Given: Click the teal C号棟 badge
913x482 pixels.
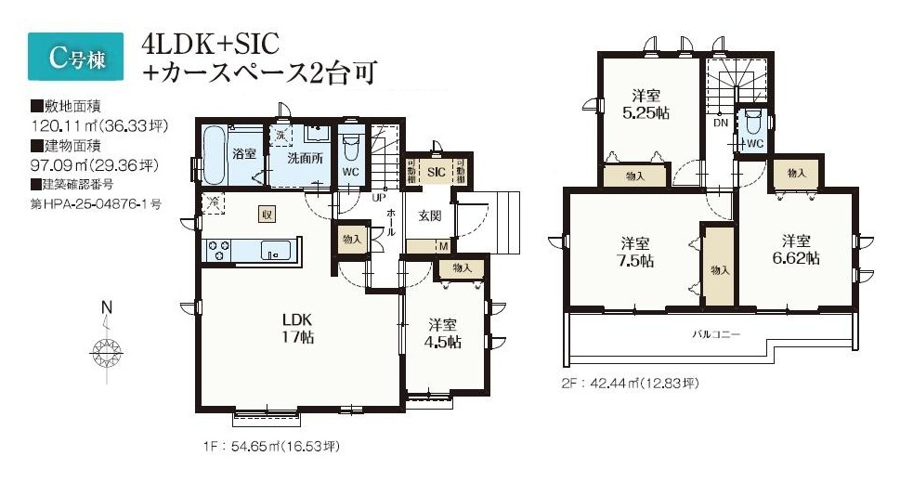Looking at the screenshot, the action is click(75, 57).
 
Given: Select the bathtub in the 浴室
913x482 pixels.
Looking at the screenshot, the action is click(213, 154).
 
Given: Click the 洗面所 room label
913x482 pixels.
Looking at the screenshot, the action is click(306, 158).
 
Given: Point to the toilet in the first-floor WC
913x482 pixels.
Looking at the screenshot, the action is click(350, 148).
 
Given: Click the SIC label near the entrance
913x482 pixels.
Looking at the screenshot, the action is click(437, 172).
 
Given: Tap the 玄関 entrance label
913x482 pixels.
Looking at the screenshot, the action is click(430, 215).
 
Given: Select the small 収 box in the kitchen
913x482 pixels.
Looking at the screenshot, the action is click(267, 215).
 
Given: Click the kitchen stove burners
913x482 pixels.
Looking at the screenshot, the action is click(219, 251).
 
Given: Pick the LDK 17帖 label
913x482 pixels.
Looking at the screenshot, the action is click(298, 328).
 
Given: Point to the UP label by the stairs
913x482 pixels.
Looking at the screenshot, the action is click(379, 197).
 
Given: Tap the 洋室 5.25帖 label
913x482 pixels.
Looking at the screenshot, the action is click(646, 104).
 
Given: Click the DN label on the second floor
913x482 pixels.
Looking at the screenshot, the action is click(721, 123).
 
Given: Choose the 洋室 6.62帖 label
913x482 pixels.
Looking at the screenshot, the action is click(796, 249).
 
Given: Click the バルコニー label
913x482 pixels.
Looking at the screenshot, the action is click(716, 334).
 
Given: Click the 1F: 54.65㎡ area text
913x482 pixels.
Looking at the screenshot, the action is click(271, 447).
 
